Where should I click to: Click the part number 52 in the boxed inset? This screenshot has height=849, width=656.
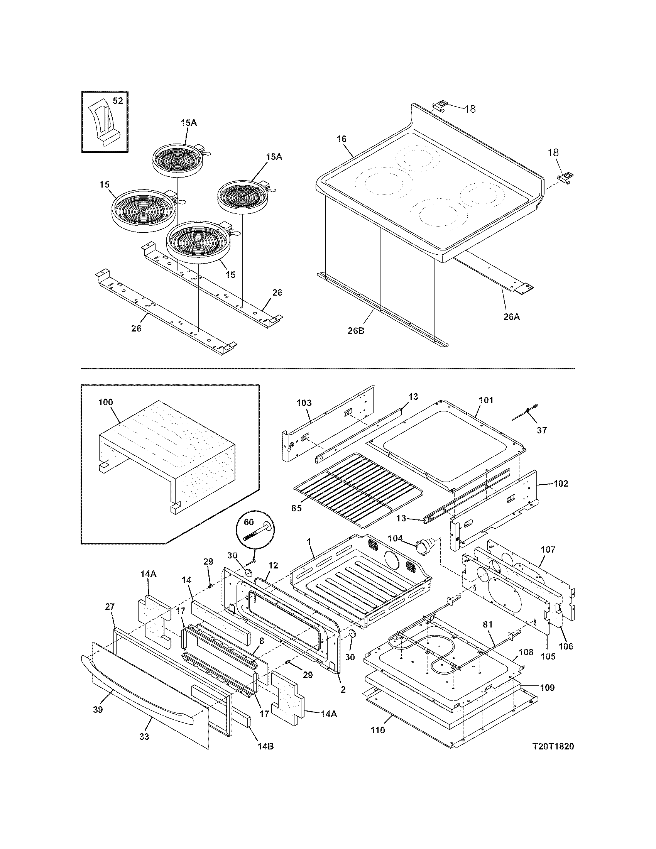click(x=118, y=101)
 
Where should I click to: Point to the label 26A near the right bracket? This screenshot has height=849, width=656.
click(x=511, y=317)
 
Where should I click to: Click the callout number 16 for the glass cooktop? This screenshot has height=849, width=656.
click(x=341, y=139)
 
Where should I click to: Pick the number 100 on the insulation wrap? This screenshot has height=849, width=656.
click(x=105, y=402)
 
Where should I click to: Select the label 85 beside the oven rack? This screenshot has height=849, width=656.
click(x=296, y=509)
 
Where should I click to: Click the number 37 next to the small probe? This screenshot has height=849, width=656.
click(x=542, y=430)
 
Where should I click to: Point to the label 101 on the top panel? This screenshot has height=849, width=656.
click(x=486, y=400)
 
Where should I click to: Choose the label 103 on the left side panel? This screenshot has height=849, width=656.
click(x=304, y=403)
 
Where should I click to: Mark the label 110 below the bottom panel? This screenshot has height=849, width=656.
click(x=377, y=730)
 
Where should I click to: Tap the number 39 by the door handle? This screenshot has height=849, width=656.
click(x=98, y=709)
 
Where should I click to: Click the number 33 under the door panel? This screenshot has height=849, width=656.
click(x=144, y=737)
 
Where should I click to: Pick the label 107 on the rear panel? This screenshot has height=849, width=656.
click(x=548, y=550)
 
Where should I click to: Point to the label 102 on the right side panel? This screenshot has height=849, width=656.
click(x=561, y=484)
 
